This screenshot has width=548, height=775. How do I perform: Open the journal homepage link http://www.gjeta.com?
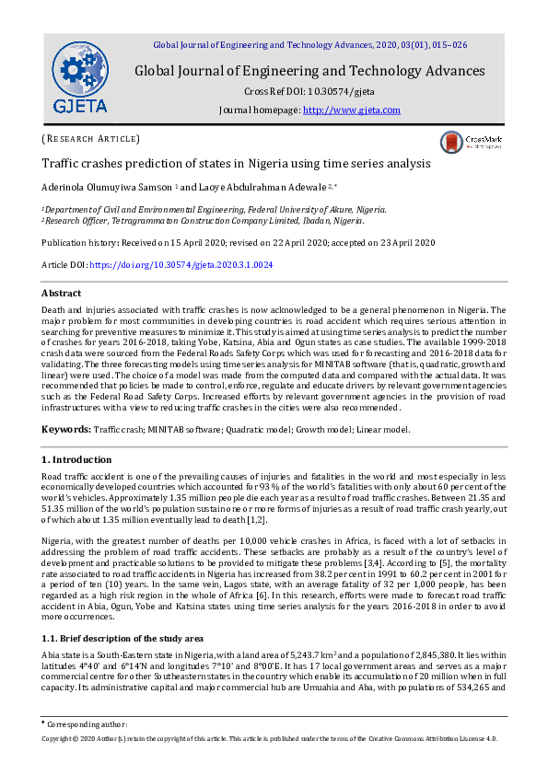pos(352,110)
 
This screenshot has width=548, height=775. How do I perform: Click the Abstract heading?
pos(62,293)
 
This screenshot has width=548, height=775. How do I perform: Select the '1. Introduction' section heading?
pos(78,458)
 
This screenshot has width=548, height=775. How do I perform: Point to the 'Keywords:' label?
pos(65,429)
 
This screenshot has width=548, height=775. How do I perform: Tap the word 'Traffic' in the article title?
pos(61,164)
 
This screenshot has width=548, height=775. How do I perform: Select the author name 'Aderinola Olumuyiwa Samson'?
pos(107,188)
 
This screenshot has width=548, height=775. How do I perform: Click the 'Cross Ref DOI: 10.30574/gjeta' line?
pos(309,91)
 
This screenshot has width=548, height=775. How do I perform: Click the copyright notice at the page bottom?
pos(273,739)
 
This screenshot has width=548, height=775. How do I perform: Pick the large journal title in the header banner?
pos(309,71)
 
